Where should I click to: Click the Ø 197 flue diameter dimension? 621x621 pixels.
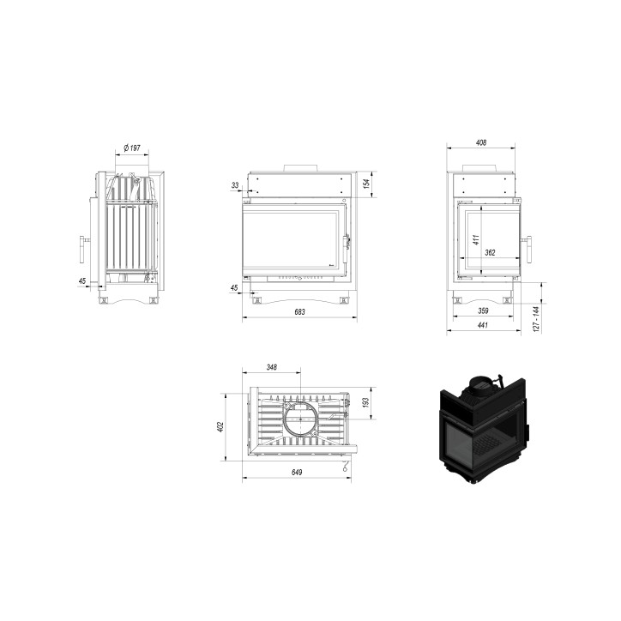pyautogui.click(x=131, y=148)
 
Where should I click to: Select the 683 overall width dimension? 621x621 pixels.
pyautogui.click(x=299, y=311)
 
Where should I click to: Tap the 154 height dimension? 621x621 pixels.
pyautogui.click(x=365, y=184)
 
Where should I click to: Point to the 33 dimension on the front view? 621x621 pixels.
pyautogui.click(x=235, y=184)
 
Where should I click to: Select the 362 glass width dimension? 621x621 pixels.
pyautogui.click(x=490, y=252)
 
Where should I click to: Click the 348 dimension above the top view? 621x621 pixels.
pyautogui.click(x=272, y=367)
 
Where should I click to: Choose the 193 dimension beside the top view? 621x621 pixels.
pyautogui.click(x=366, y=403)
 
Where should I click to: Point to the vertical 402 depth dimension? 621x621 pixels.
pyautogui.click(x=220, y=425)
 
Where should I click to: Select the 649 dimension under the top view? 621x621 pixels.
pyautogui.click(x=296, y=472)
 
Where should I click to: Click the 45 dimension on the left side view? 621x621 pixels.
pyautogui.click(x=82, y=280)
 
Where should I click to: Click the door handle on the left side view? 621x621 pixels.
pyautogui.click(x=83, y=248)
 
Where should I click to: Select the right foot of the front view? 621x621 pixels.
pyautogui.click(x=344, y=300)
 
